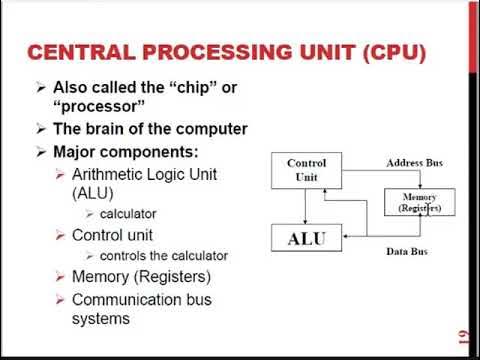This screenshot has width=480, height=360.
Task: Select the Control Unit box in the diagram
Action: coord(307,170)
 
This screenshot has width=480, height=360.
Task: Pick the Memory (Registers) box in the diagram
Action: coord(421,203)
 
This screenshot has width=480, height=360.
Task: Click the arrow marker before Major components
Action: coord(40,152)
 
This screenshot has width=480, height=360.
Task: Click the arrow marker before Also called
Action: coord(40,88)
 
